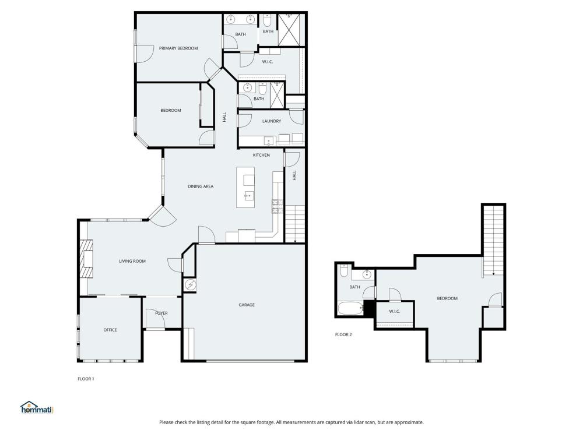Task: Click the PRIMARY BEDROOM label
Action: (x=178, y=48)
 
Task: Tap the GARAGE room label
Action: (x=247, y=305)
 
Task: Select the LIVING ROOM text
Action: (x=132, y=261)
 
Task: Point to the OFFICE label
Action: (x=110, y=330)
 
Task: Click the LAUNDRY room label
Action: (x=272, y=121)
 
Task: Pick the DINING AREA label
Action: (x=201, y=186)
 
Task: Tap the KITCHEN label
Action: (x=261, y=155)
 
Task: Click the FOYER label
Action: (x=161, y=313)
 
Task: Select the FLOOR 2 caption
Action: (x=343, y=334)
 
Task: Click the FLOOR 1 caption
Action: (x=86, y=379)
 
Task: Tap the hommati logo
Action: (x=37, y=407)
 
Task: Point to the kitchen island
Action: (x=245, y=187)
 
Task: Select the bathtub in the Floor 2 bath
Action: (x=350, y=308)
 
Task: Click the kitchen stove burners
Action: (x=277, y=207)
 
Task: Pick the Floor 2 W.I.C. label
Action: (x=395, y=311)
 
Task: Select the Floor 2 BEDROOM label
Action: (x=447, y=298)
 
